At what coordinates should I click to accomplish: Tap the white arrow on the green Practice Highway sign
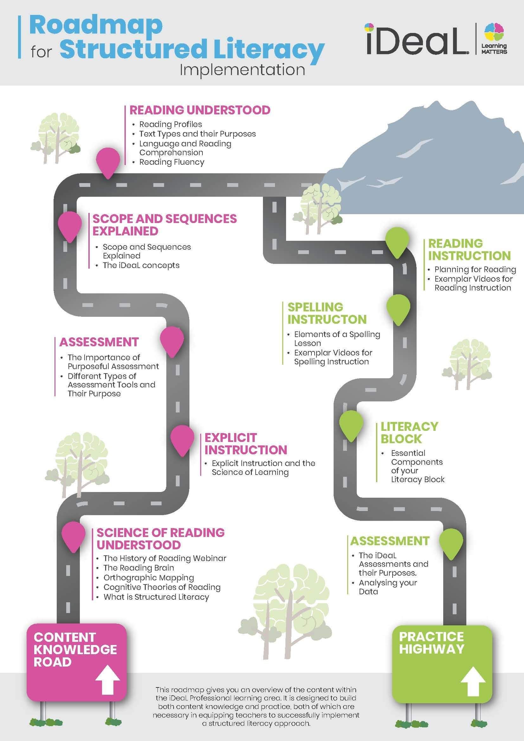click(x=473, y=681)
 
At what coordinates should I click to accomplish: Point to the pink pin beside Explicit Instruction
click(x=182, y=438)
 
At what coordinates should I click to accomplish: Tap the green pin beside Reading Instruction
click(x=398, y=240)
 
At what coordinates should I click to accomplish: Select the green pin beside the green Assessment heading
click(x=451, y=541)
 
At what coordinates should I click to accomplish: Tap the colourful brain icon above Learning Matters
click(x=494, y=32)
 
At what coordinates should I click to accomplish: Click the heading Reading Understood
click(x=200, y=110)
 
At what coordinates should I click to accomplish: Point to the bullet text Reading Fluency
click(x=172, y=162)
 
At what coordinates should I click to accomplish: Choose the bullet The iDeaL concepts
click(x=141, y=265)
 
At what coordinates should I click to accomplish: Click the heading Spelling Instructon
click(x=327, y=313)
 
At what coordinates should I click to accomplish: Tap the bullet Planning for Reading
click(x=475, y=269)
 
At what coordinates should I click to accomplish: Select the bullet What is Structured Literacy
click(x=156, y=597)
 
